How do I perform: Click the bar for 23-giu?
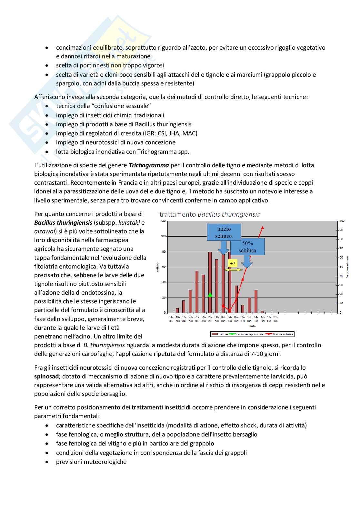tap(197, 292)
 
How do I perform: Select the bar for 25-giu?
tap(203, 294)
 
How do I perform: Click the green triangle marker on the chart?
tap(210, 295)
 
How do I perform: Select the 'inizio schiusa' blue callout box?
tap(224, 232)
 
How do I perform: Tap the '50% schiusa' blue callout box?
tap(247, 247)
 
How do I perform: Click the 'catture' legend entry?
tap(221, 334)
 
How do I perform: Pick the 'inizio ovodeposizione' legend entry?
tap(247, 334)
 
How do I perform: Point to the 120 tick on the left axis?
tap(163, 221)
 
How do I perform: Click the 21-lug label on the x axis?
tap(275, 319)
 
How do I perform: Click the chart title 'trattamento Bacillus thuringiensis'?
tap(209, 214)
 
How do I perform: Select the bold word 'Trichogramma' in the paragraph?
tap(149, 165)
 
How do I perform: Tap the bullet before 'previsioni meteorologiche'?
tap(47, 462)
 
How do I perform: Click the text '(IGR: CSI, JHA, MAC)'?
tap(171, 133)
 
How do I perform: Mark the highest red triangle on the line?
tap(263, 228)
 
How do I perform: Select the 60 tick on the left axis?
tap(164, 267)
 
